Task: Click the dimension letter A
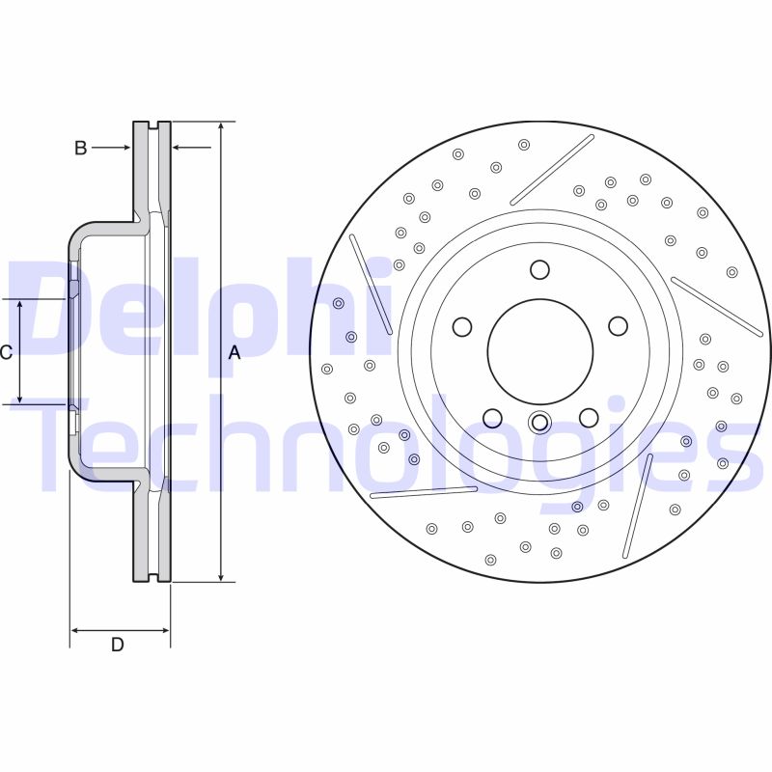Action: pos(234,353)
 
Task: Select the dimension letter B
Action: pos(81,148)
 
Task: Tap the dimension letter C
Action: pos(6,353)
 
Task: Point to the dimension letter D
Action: pos(117,645)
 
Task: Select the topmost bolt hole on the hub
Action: pos(539,269)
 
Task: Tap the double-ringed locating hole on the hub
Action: pos(539,422)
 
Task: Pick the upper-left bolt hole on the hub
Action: pos(462,327)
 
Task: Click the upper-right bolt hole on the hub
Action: pos(618,326)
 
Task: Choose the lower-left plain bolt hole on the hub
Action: pos(492,418)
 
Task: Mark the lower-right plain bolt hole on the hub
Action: pos(588,417)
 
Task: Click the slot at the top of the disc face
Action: pos(552,169)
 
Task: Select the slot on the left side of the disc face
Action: pos(371,284)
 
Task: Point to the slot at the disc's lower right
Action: pos(638,507)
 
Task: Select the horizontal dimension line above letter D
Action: pos(120,630)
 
